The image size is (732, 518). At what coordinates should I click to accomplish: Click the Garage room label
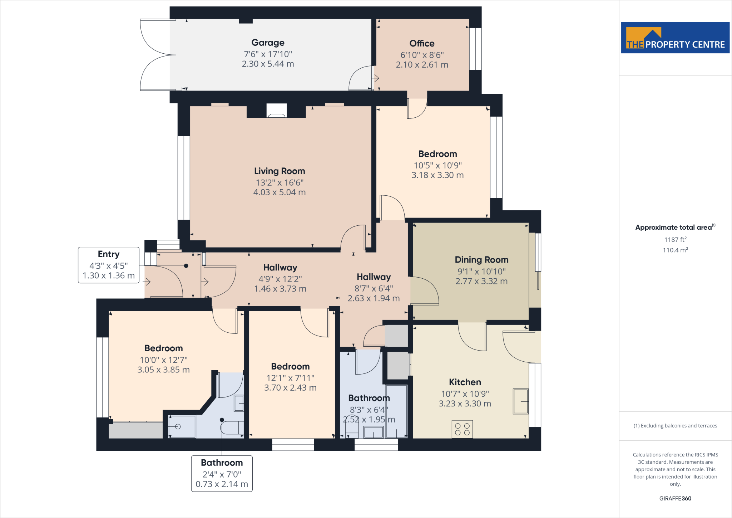(268, 43)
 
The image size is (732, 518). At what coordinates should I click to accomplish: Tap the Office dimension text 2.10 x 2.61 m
(422, 65)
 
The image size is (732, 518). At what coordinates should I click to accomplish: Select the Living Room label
(279, 171)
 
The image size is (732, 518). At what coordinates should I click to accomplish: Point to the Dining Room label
(481, 260)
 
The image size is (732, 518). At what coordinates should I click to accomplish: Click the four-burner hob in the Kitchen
(462, 429)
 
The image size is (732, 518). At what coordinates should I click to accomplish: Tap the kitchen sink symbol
(520, 401)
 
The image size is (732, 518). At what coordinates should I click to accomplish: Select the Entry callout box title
(109, 254)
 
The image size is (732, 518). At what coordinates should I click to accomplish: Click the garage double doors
(155, 55)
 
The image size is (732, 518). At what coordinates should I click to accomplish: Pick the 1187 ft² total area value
(675, 240)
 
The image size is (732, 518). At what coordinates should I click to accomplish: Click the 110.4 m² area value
(675, 250)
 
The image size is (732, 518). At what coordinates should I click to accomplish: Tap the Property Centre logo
(675, 38)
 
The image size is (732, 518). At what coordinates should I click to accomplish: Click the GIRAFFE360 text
(675, 498)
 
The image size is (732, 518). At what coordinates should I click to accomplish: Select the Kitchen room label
(465, 382)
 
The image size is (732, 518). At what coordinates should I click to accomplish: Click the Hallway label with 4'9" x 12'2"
(280, 268)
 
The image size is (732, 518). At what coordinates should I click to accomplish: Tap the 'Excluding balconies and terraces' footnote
(675, 426)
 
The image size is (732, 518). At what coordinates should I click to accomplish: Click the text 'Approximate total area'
(673, 228)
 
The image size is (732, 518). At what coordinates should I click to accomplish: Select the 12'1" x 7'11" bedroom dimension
(290, 378)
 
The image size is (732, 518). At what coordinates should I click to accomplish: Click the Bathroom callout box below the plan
(222, 473)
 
